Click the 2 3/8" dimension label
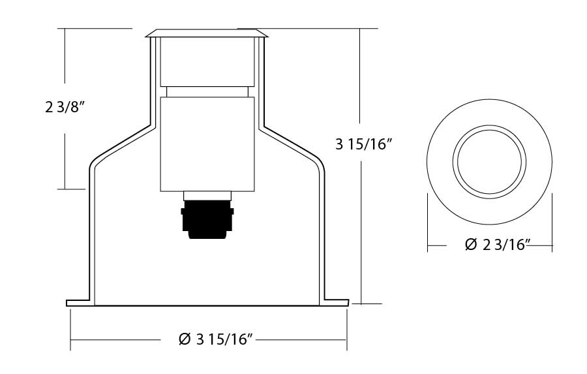[x=67, y=108]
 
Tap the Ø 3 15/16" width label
[x=215, y=339]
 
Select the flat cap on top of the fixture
[x=206, y=33]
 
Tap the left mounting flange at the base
[x=80, y=302]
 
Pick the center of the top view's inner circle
[x=490, y=161]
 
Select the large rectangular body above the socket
[x=206, y=144]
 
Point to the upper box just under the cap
[x=206, y=62]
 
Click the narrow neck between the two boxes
[x=206, y=92]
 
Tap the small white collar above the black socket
[x=207, y=195]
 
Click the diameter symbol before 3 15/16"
[x=185, y=339]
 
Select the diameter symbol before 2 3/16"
[x=472, y=245]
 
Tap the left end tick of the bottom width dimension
[x=70, y=339]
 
